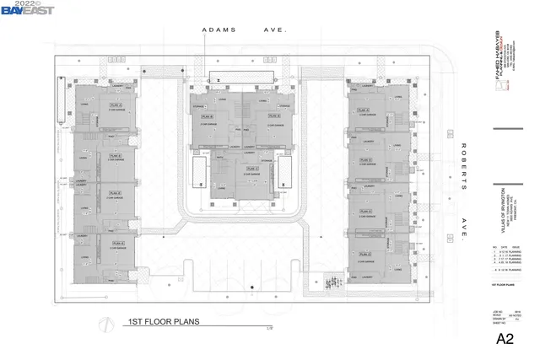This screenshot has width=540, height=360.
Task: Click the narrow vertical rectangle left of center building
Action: (x=197, y=174)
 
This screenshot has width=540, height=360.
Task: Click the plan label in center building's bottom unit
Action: (x=251, y=169)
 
